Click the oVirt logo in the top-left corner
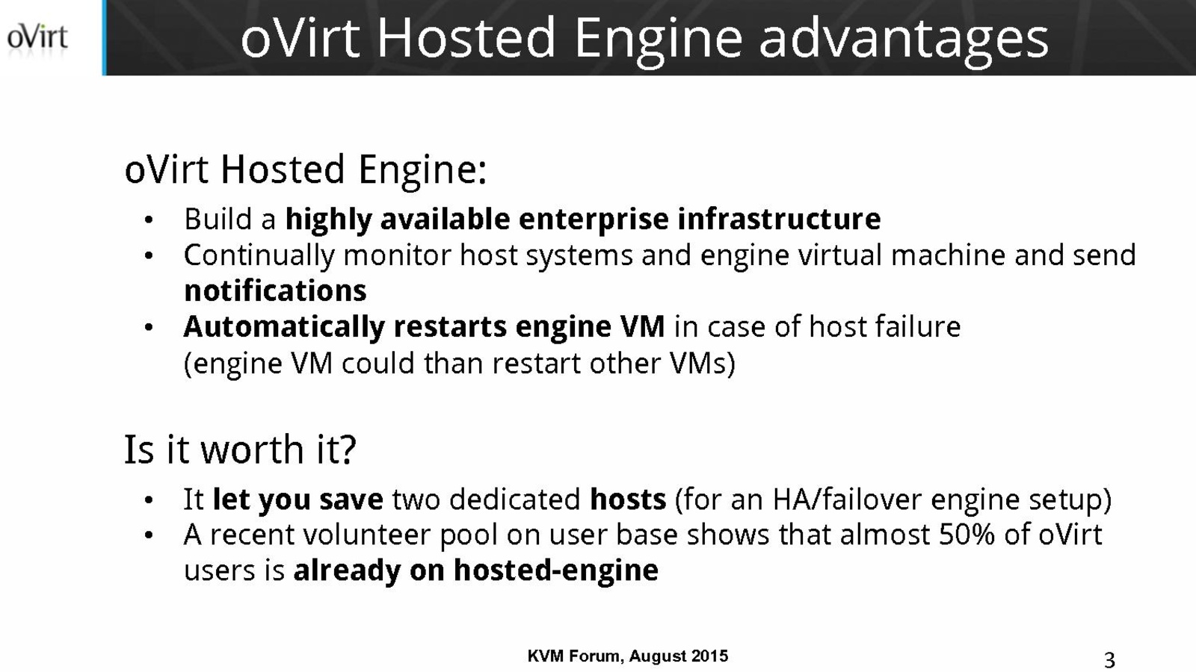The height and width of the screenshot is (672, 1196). pyautogui.click(x=37, y=38)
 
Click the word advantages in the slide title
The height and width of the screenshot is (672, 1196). pyautogui.click(x=904, y=40)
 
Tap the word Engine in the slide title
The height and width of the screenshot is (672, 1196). pyautogui.click(x=659, y=40)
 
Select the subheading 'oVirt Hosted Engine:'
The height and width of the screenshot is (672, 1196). pyautogui.click(x=306, y=170)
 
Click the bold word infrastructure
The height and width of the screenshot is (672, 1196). pyautogui.click(x=779, y=220)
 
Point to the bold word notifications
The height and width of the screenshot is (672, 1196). pyautogui.click(x=275, y=290)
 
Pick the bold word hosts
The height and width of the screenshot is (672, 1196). pyautogui.click(x=628, y=500)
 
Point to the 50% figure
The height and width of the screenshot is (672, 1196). pyautogui.click(x=967, y=535)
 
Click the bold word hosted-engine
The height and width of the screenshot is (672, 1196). pyautogui.click(x=556, y=570)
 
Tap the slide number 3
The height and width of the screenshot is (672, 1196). pyautogui.click(x=1109, y=660)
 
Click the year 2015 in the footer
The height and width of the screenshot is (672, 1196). pyautogui.click(x=709, y=656)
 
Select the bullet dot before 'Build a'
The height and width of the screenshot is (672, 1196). pyautogui.click(x=149, y=220)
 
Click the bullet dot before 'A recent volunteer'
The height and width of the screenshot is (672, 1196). pyautogui.click(x=149, y=535)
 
